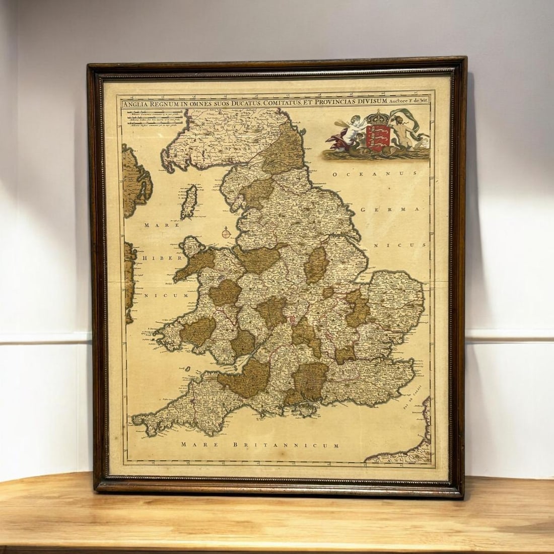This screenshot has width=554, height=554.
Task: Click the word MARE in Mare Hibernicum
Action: click(156, 225)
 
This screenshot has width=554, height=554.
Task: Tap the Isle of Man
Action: click(192, 196)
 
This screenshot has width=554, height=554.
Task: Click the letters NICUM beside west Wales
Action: click(169, 295)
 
